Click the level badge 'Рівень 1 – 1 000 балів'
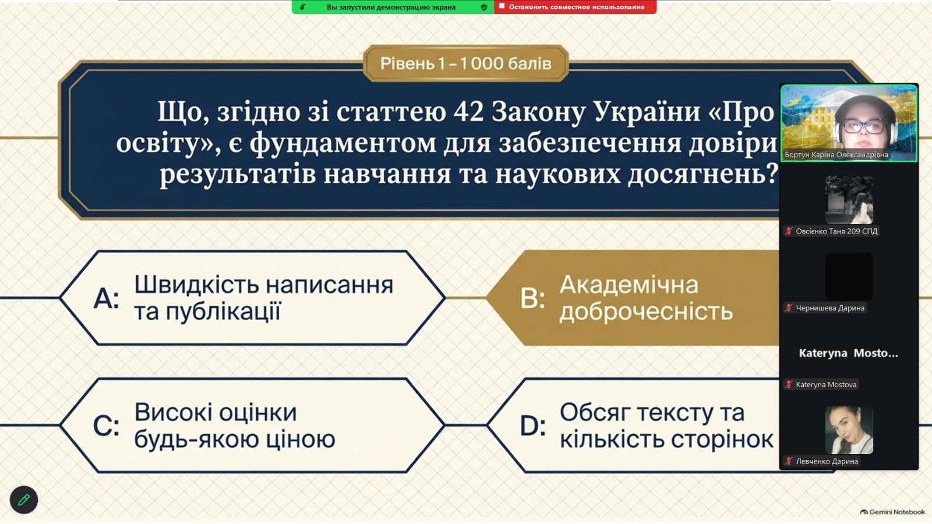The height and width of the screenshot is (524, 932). point(465,63)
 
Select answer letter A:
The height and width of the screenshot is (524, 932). point(107,299)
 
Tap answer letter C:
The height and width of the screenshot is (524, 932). point(107,426)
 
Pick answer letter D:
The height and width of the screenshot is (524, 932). point(532,426)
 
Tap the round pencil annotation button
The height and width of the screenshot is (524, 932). point(24,500)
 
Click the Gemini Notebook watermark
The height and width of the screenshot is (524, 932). point(892,512)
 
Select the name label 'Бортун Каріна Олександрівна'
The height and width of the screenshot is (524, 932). point(836,155)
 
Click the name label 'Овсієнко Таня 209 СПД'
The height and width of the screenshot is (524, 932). point(836,231)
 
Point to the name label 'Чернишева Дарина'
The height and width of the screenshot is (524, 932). point(830,308)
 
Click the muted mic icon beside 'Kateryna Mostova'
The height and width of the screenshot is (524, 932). point(789,385)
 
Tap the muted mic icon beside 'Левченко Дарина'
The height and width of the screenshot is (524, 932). point(789,461)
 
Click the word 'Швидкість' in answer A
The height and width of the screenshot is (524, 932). point(196,285)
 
